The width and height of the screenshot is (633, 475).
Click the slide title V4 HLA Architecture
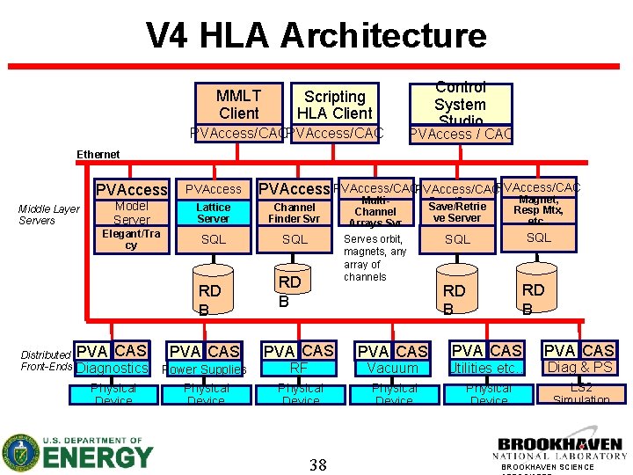pyautogui.click(x=316, y=35)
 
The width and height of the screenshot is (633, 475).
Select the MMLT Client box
pyautogui.click(x=238, y=104)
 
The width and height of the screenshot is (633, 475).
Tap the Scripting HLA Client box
pyautogui.click(x=334, y=105)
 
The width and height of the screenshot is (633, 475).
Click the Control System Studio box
pyautogui.click(x=460, y=104)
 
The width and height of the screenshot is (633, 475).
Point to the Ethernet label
pyautogui.click(x=98, y=155)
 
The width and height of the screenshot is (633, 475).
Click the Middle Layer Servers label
pyautogui.click(x=49, y=215)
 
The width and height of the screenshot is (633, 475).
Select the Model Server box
pyautogui.click(x=132, y=213)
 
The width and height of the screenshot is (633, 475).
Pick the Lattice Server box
pyautogui.click(x=213, y=213)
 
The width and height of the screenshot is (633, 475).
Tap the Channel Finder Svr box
pyautogui.click(x=295, y=213)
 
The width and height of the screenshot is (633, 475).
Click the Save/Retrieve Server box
pyautogui.click(x=457, y=212)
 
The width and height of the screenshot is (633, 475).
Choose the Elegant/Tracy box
pyautogui.click(x=132, y=239)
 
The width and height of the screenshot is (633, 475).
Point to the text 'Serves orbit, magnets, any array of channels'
pyautogui.click(x=375, y=258)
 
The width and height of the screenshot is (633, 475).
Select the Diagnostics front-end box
pyautogui.click(x=113, y=369)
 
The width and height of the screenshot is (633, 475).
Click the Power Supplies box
pyautogui.click(x=205, y=369)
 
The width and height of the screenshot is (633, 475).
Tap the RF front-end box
pyautogui.click(x=300, y=369)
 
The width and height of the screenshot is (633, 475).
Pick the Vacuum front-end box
pyautogui.click(x=393, y=369)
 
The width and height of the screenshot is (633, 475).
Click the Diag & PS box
pyautogui.click(x=579, y=368)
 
